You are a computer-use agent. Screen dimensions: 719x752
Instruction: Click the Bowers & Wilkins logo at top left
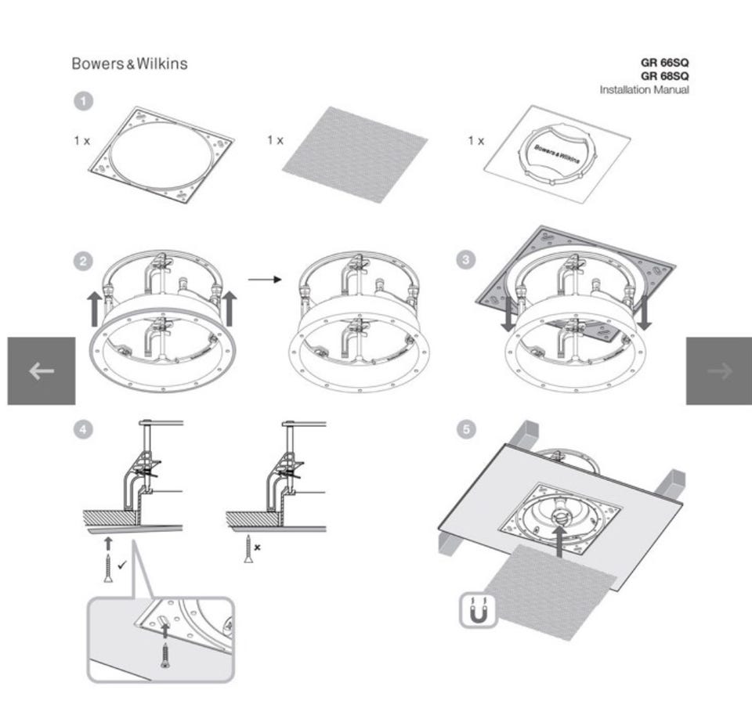[129, 63]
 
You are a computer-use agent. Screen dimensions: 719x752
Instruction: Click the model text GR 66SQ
[664, 63]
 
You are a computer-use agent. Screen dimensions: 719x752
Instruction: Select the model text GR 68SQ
[664, 76]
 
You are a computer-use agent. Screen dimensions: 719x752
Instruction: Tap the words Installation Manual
[644, 90]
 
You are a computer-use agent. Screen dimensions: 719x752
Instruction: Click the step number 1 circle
[83, 101]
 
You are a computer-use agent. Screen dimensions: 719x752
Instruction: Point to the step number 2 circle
[83, 262]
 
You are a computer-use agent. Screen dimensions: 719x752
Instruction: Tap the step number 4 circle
[83, 428]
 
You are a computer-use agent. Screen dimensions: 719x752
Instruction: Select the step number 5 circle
[466, 428]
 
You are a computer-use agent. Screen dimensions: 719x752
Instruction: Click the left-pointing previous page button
[42, 371]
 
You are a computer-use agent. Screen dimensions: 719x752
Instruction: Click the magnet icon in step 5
[479, 610]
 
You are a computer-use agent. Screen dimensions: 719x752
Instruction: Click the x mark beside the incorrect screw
[257, 548]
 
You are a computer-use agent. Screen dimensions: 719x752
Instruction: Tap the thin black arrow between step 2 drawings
[264, 279]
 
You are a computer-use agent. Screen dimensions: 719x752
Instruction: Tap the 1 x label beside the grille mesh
[275, 140]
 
